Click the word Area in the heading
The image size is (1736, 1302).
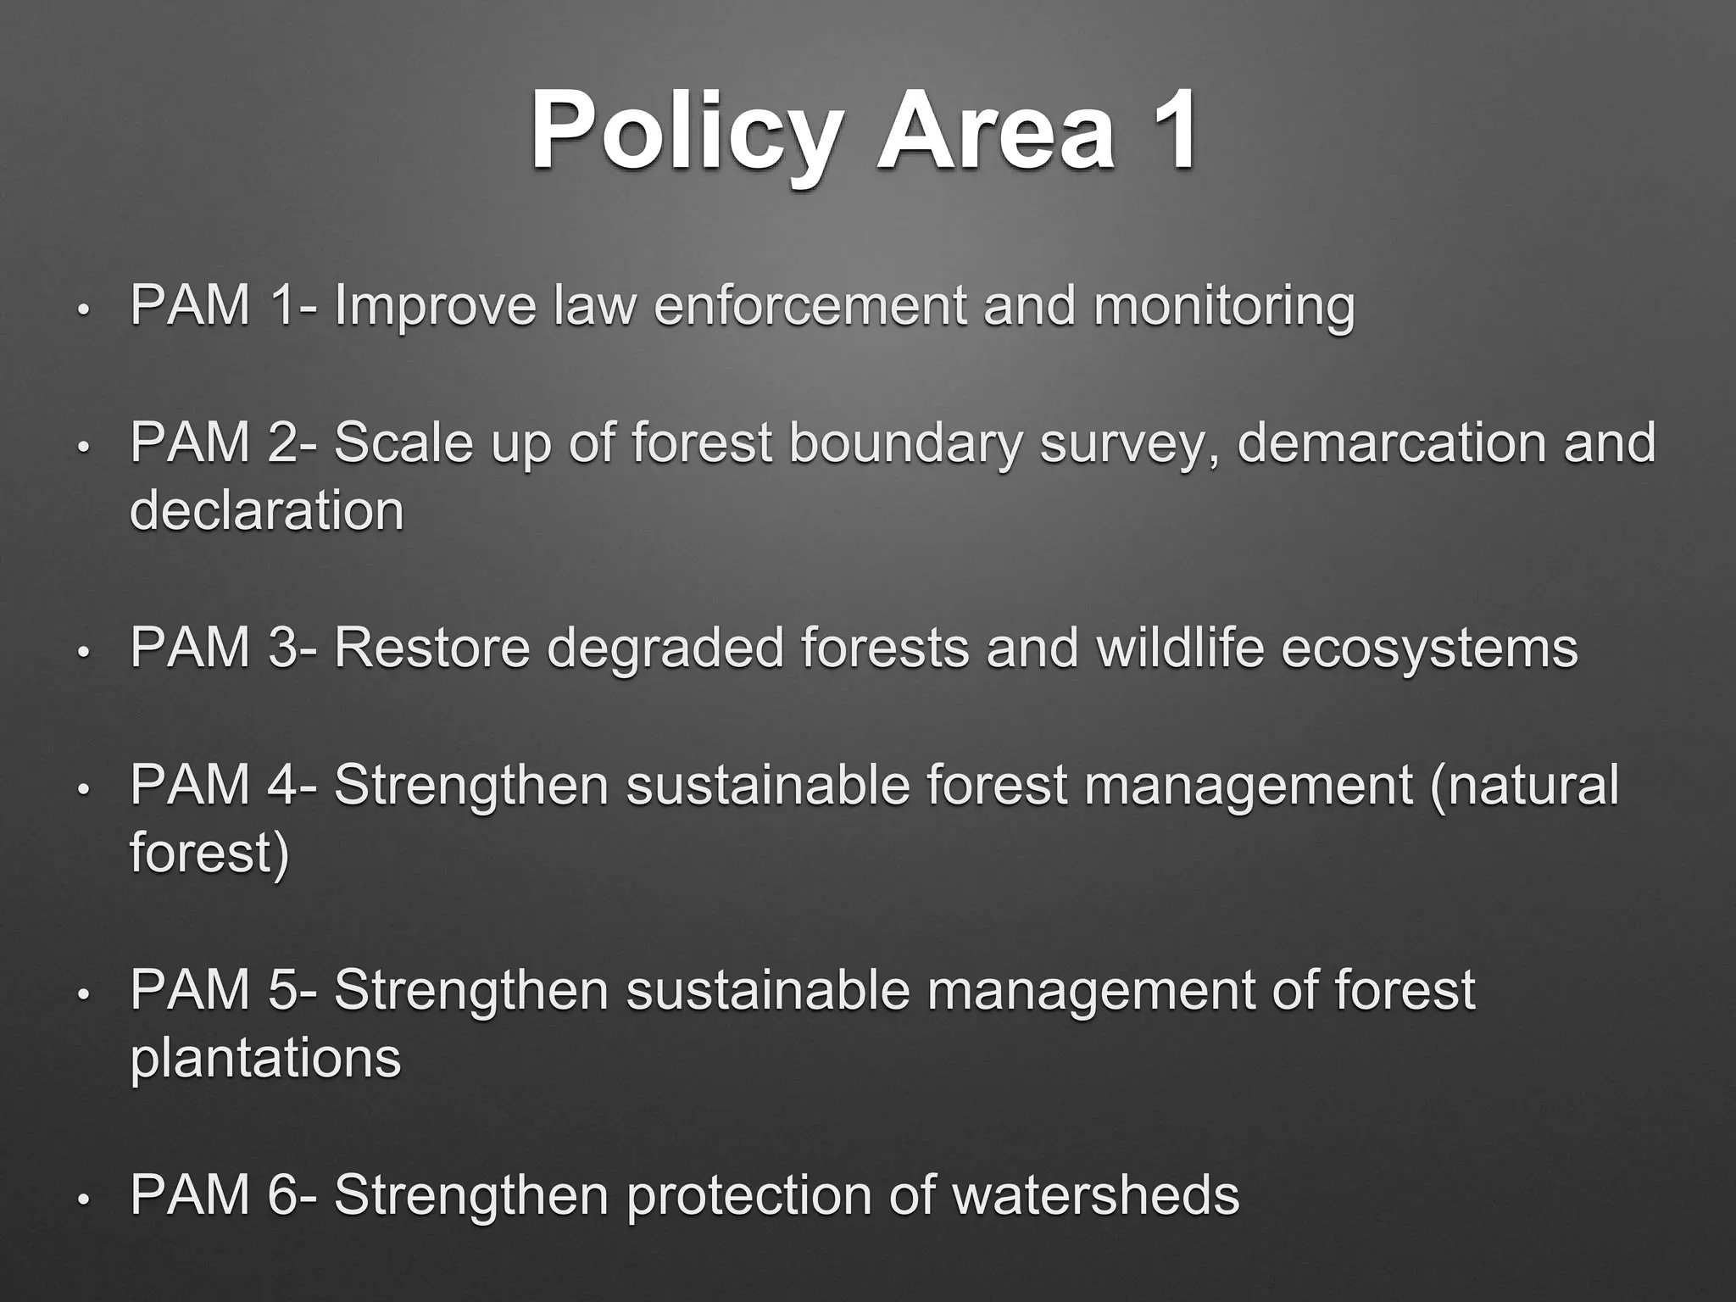[995, 134]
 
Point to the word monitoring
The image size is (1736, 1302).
[1223, 307]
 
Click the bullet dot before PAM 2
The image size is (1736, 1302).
[82, 448]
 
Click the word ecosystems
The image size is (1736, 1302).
[1429, 650]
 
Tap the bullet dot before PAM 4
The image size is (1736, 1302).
[82, 790]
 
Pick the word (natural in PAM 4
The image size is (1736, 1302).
[1523, 785]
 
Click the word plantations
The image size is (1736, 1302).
[265, 1060]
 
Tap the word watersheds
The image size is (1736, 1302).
[1095, 1195]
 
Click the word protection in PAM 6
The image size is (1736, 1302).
[750, 1197]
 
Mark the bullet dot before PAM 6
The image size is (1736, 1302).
[82, 1200]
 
